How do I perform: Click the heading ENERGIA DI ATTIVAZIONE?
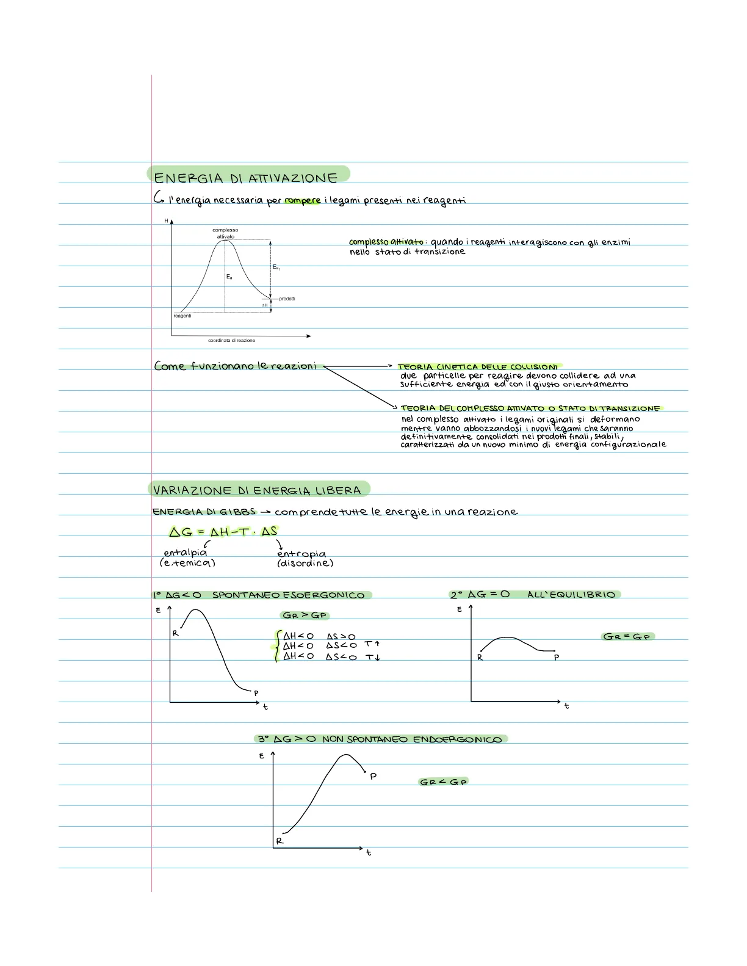coord(245,178)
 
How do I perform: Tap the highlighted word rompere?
coord(302,200)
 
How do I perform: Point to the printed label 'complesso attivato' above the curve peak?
coord(225,233)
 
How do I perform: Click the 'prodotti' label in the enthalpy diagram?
coord(287,299)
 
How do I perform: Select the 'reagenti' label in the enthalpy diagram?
coord(182,316)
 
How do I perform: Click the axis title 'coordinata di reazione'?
coord(231,340)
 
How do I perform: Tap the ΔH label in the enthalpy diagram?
coord(265,305)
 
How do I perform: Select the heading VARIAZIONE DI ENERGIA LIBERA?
coord(257,490)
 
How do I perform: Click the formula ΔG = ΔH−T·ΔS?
coord(223,532)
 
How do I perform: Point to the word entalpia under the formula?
coord(185,553)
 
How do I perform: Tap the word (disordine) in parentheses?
coord(305,563)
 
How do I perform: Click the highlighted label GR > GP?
coord(305,615)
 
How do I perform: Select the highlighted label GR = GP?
coord(627,636)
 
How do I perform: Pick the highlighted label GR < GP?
coord(443,782)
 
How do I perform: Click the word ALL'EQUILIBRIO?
coord(571,595)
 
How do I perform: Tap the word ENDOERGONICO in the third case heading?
coord(457,739)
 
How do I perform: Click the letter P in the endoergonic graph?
coord(373,775)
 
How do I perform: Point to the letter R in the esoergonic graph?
coord(175,633)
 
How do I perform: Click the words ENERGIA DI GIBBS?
coord(204,512)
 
